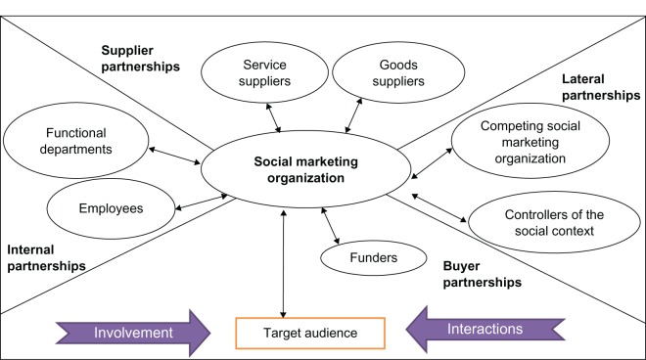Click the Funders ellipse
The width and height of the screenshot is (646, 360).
373,259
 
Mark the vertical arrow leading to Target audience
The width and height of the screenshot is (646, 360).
283,264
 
